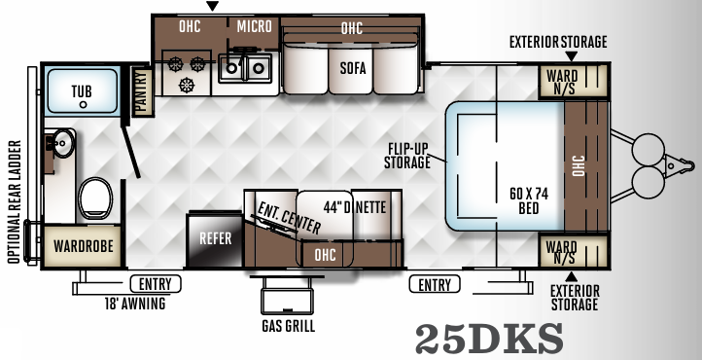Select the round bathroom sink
62,144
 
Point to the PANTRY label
140,91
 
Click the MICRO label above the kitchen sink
254,26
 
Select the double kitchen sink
246,67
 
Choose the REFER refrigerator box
215,236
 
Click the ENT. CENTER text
289,215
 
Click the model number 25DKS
489,338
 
